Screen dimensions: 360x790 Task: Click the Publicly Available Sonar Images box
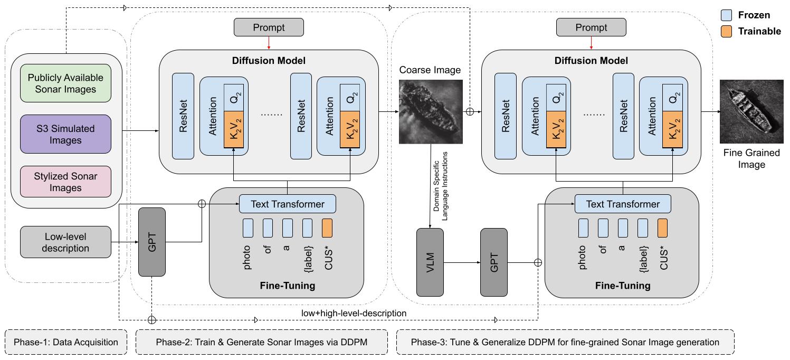coord(66,83)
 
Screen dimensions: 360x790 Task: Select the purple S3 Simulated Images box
coord(66,134)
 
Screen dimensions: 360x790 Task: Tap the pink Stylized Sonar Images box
coord(66,182)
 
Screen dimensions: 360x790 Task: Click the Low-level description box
coord(66,242)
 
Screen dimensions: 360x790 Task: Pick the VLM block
coord(430,262)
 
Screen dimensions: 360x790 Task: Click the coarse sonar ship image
coord(431,111)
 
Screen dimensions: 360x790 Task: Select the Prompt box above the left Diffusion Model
coord(269,27)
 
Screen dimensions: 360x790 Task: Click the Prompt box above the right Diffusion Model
coord(591,27)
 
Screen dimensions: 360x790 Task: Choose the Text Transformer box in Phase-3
coord(623,204)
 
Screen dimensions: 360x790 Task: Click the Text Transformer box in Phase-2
coord(289,204)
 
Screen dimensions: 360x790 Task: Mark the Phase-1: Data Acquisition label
coord(66,342)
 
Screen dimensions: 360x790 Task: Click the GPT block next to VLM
coord(494,262)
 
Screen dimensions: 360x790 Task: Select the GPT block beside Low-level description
coord(151,242)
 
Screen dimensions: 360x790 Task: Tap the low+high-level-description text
coord(354,313)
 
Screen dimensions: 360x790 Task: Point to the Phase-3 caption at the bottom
coord(565,342)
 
